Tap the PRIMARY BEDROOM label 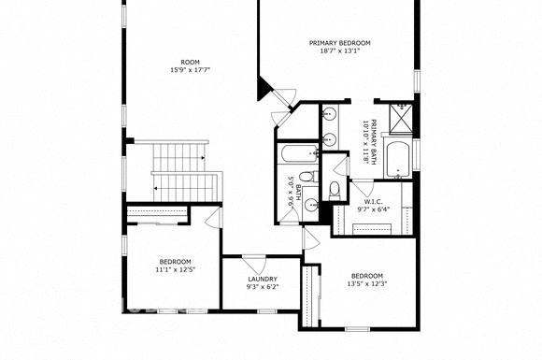pos(340,43)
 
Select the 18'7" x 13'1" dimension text pos(340,52)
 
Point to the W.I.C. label pos(372,202)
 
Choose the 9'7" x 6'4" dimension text pos(372,209)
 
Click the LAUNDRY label pos(262,279)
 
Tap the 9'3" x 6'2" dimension pos(262,287)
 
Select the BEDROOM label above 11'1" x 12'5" pos(175,261)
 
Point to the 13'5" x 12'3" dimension pos(366,283)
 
